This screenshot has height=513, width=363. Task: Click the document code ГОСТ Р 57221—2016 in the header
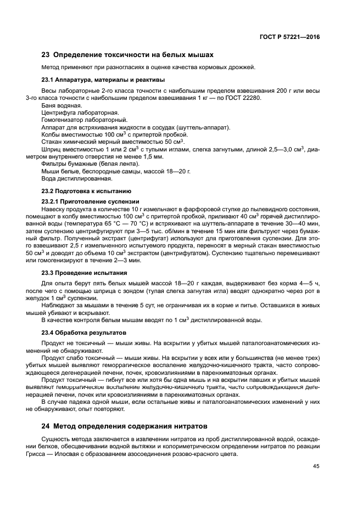coord(289,36)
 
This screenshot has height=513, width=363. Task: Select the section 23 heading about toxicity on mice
coord(127,55)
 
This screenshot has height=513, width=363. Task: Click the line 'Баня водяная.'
coord(62,105)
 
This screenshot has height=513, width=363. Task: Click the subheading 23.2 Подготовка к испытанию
coord(86,191)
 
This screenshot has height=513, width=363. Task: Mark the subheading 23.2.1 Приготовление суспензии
coord(91,201)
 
